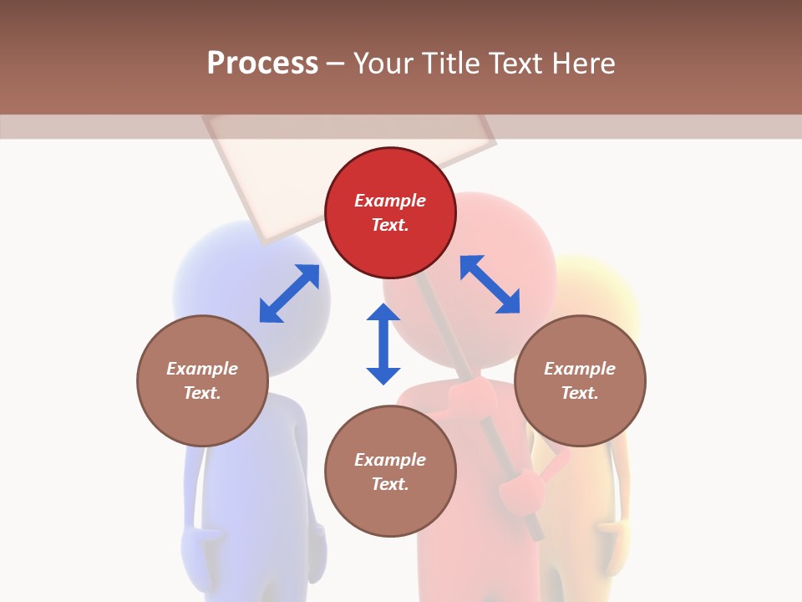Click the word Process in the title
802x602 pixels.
[x=262, y=64]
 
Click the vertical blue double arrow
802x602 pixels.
[x=383, y=344]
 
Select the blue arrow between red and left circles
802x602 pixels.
[x=289, y=293]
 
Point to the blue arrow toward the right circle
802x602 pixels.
[x=490, y=284]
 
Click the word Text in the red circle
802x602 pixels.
[x=390, y=225]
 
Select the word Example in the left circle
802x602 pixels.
[x=202, y=369]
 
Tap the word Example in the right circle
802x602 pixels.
[x=580, y=369]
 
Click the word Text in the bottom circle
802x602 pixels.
[x=390, y=484]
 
